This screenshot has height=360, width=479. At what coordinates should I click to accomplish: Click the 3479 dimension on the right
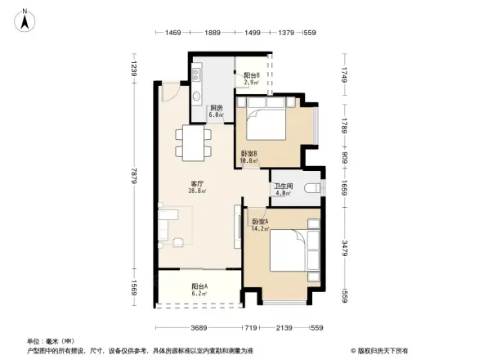click(346, 247)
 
